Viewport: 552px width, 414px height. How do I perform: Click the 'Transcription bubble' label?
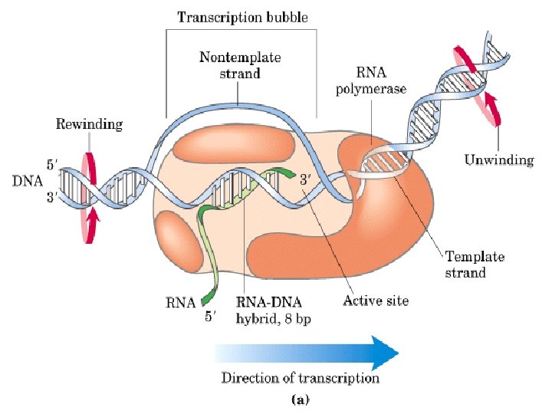[242, 17]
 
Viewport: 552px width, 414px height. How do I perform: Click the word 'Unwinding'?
[499, 160]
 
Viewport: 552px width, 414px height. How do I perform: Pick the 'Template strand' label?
[475, 264]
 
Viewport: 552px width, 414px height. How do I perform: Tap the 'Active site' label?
[375, 301]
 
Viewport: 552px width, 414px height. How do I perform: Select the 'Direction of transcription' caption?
[301, 378]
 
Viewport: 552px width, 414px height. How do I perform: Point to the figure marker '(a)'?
[300, 399]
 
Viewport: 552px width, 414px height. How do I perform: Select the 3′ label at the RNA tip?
[304, 181]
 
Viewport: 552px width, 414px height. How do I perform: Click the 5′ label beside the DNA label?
[51, 166]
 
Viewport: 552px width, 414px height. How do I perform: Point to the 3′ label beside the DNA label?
[51, 198]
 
